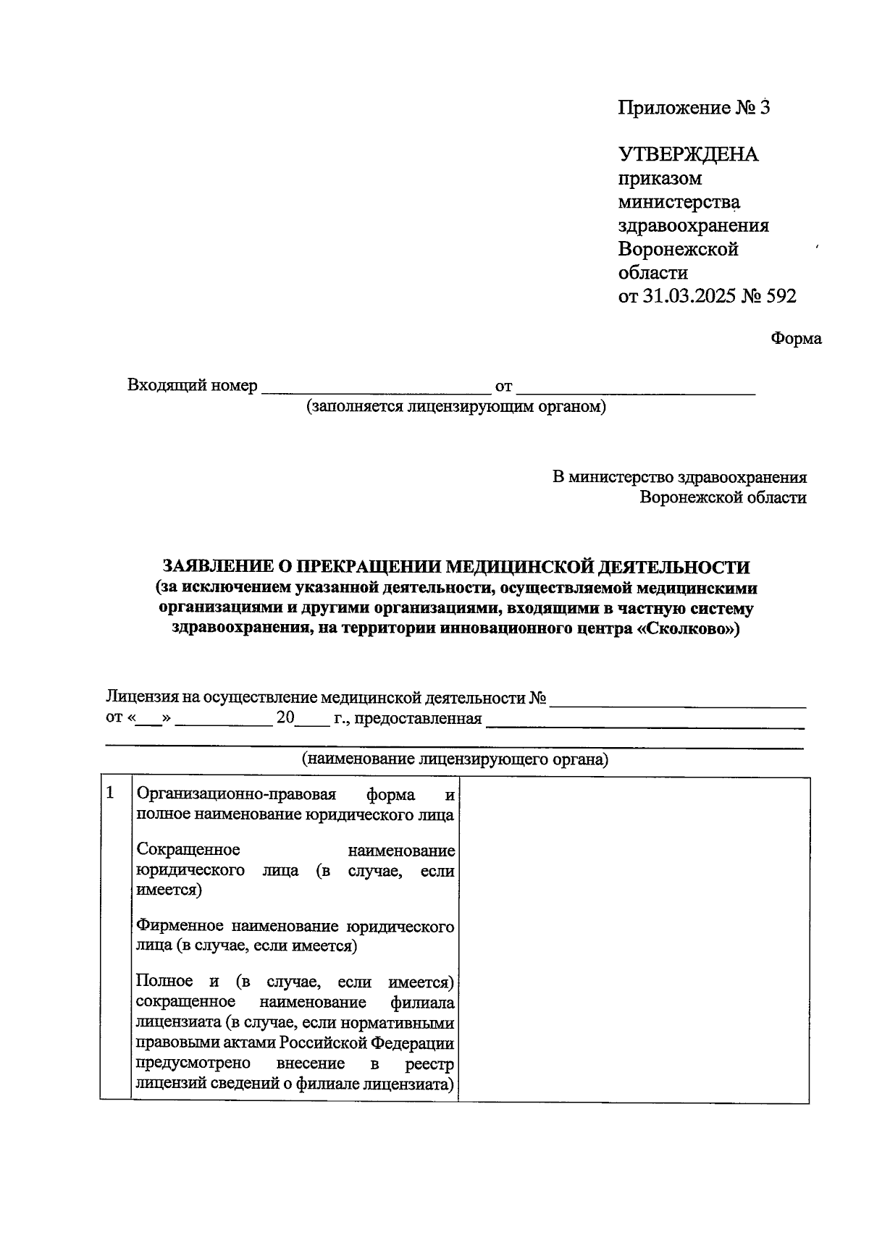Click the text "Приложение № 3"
point(693,109)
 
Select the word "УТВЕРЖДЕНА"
point(688,154)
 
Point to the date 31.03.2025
point(688,297)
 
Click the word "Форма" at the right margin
point(796,339)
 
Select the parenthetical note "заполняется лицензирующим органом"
point(456,407)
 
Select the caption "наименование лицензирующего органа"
point(455,759)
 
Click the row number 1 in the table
point(111,793)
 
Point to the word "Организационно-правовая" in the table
point(237,795)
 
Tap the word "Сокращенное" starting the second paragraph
point(188,849)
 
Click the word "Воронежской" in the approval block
point(678,250)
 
